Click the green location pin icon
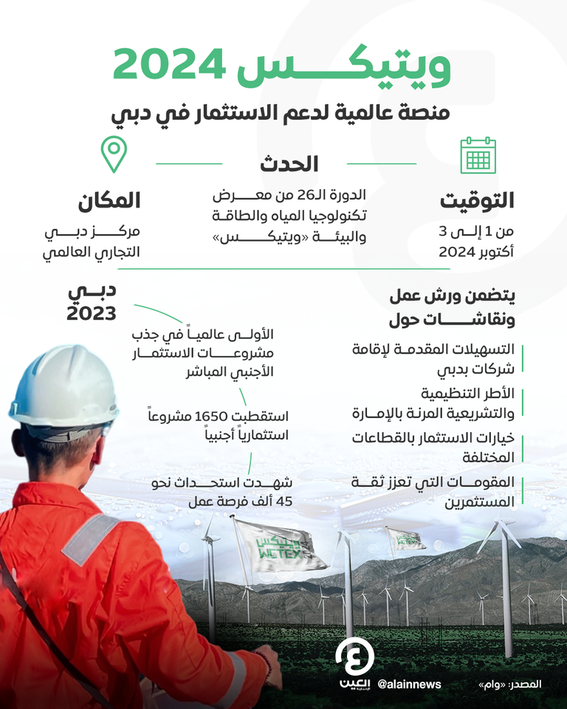pos(114,153)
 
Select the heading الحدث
pos(289,164)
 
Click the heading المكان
pos(107,199)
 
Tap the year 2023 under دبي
pos(92,313)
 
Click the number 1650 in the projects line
pos(212,416)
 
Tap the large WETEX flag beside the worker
pos(280,547)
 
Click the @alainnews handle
pos(409,684)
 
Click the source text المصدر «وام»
pos(509,685)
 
